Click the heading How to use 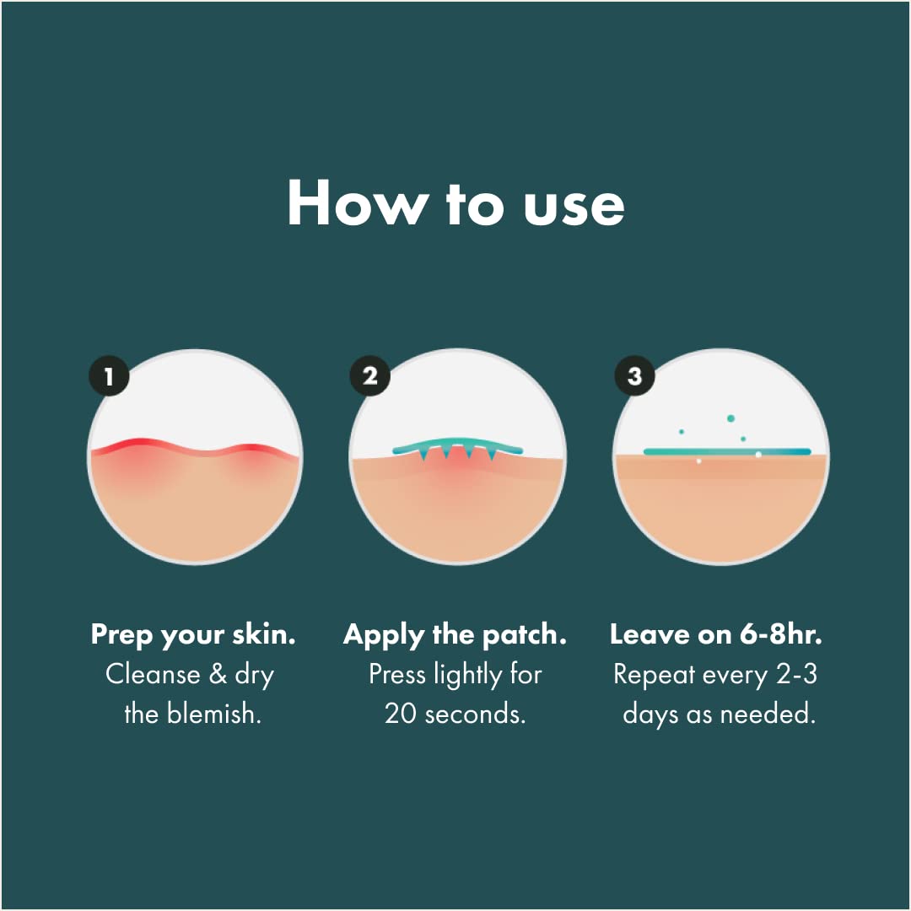(x=455, y=202)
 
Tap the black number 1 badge (x=109, y=376)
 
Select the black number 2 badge (x=369, y=376)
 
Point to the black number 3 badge (x=634, y=376)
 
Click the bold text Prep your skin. (x=193, y=635)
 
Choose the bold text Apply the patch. (x=455, y=635)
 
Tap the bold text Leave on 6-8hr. (x=716, y=633)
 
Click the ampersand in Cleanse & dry (x=218, y=675)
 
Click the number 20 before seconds (x=401, y=714)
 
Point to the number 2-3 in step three (x=797, y=675)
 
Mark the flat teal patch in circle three (x=727, y=451)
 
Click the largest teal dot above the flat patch (x=730, y=418)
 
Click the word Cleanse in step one (x=153, y=675)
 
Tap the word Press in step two (x=397, y=675)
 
